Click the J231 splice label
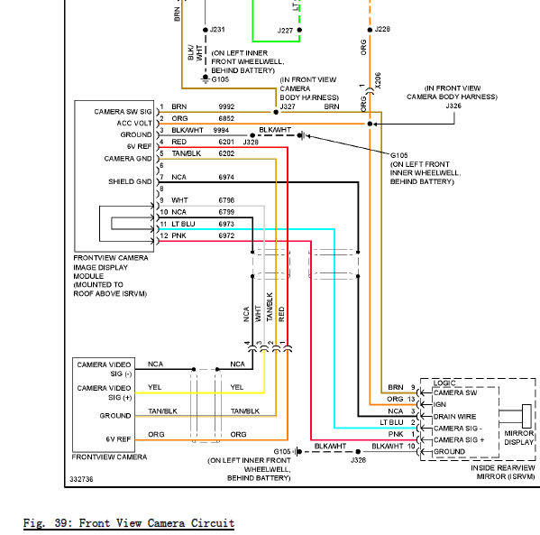pyautogui.click(x=217, y=29)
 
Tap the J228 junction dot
pyautogui.click(x=370, y=30)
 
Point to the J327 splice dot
pyautogui.click(x=276, y=112)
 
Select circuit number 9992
pyautogui.click(x=226, y=106)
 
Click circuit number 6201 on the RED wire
pyautogui.click(x=226, y=142)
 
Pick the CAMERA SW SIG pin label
pyautogui.click(x=123, y=112)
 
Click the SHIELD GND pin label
pyautogui.click(x=130, y=181)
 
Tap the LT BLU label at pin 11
pyautogui.click(x=183, y=224)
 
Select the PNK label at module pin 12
pyautogui.click(x=178, y=235)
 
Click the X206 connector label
pyautogui.click(x=378, y=80)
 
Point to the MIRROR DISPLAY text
pyautogui.click(x=519, y=438)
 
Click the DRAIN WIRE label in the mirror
pyautogui.click(x=454, y=417)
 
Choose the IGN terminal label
pyautogui.click(x=440, y=404)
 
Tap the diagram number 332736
pyautogui.click(x=81, y=479)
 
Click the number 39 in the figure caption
pyautogui.click(x=62, y=523)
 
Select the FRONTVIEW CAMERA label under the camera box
pyautogui.click(x=109, y=457)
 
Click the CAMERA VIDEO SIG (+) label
pyautogui.click(x=104, y=392)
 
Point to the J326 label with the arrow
pyautogui.click(x=453, y=106)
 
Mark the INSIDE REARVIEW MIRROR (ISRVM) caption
pyautogui.click(x=503, y=472)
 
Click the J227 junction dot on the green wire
pyautogui.click(x=299, y=30)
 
